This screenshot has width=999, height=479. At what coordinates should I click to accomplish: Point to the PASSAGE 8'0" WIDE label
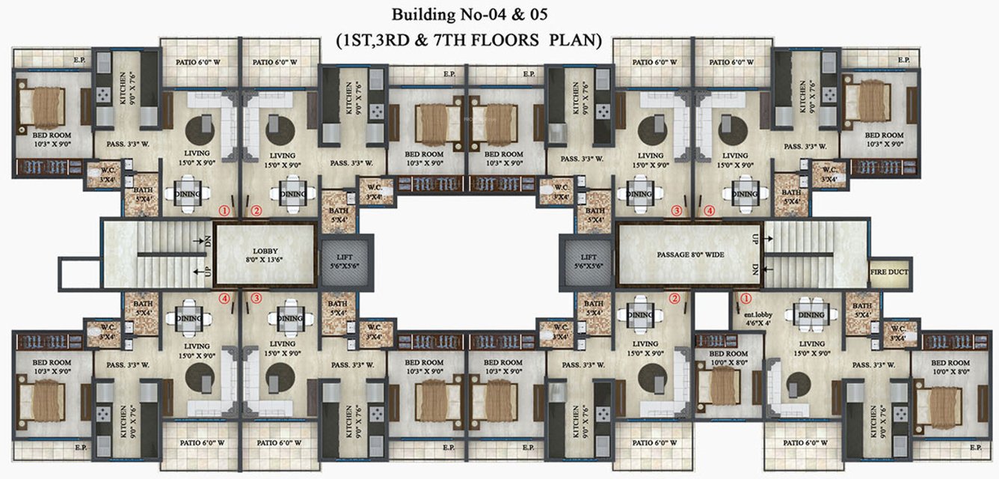pos(689,254)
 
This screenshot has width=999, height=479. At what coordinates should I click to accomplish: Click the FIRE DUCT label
pos(889,272)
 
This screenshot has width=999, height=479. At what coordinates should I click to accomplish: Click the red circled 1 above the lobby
pos(222,211)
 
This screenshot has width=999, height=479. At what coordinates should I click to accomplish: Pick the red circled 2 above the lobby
pos(256,211)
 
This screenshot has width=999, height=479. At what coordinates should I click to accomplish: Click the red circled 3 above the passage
pos(677,211)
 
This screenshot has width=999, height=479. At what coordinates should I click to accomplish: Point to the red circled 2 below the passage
pos(674,298)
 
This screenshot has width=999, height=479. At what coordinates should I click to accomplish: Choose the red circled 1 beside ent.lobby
pos(744,297)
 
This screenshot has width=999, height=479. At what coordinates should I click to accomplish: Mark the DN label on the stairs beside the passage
pos(755,270)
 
